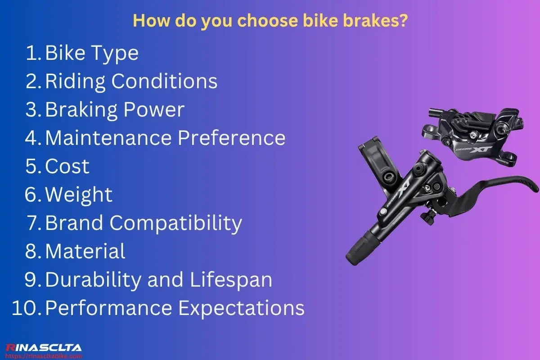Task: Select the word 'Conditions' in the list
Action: coord(164,81)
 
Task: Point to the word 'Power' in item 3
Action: coord(154,110)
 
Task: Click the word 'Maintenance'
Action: coord(108,138)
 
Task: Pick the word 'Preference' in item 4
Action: coord(232,138)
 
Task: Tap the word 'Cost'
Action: coord(67,166)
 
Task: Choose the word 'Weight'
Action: coord(79,194)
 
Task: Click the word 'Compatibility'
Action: coord(176,223)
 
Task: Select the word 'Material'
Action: coord(85,251)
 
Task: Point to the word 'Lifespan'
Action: coord(231,280)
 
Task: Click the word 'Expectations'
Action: coord(241,308)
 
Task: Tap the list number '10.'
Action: coord(27,308)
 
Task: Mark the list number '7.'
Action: coord(34,223)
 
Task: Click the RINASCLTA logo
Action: coord(44,348)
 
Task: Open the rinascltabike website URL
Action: coord(44,356)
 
